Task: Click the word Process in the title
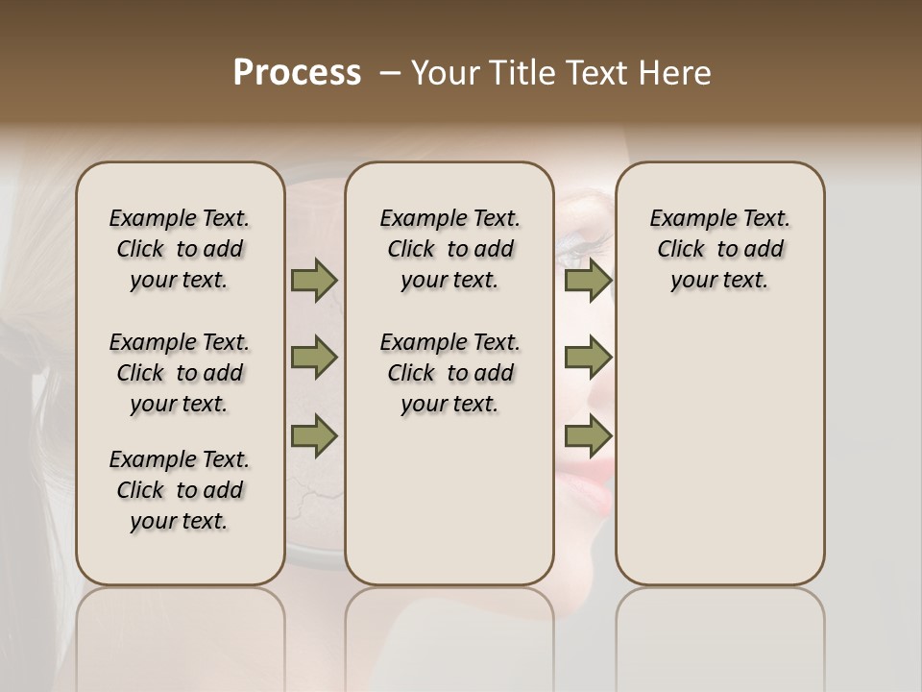point(297,73)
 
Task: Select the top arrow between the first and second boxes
point(314,280)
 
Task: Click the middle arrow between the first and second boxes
point(314,358)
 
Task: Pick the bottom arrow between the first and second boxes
point(314,435)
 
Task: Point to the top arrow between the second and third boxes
point(588,280)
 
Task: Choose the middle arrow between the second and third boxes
point(588,358)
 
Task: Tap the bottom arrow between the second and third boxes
point(588,435)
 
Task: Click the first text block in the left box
point(180,249)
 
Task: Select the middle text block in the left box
point(180,373)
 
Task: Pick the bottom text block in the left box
point(180,490)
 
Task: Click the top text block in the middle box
point(449,249)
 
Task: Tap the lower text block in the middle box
point(449,373)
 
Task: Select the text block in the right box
point(719,249)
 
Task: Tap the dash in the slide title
point(390,73)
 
